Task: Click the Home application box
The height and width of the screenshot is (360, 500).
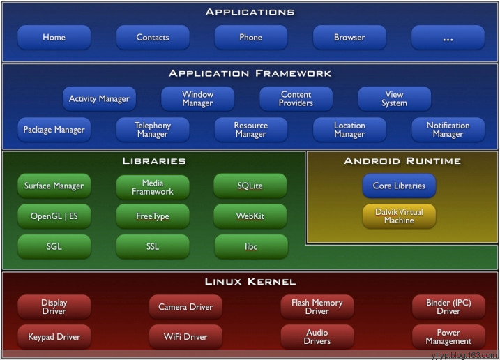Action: click(54, 38)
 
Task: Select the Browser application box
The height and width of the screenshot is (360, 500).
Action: click(349, 38)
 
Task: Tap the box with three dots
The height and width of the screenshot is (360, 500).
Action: click(448, 38)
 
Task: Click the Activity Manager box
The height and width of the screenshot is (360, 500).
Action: click(99, 98)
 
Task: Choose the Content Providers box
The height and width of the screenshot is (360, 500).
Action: click(296, 98)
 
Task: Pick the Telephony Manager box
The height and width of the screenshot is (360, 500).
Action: click(153, 130)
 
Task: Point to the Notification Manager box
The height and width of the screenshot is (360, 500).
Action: click(448, 130)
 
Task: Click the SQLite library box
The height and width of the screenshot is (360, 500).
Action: click(250, 186)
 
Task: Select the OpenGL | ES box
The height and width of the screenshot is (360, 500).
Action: click(54, 216)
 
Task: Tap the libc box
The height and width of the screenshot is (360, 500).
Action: click(251, 246)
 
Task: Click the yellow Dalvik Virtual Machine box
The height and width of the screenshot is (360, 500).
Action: click(399, 216)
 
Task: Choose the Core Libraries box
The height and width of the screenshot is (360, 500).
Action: click(399, 186)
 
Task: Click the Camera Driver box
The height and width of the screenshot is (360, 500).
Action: click(185, 307)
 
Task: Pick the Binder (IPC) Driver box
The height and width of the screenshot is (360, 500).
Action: click(448, 307)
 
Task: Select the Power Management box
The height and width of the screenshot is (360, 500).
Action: click(448, 337)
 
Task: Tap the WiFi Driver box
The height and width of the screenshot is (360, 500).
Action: click(185, 337)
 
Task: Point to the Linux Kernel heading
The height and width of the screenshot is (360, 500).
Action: click(250, 281)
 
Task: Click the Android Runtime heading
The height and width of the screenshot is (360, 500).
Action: click(402, 161)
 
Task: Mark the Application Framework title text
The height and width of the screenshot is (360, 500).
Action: click(250, 73)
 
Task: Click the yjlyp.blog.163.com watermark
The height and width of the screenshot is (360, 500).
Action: click(464, 355)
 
